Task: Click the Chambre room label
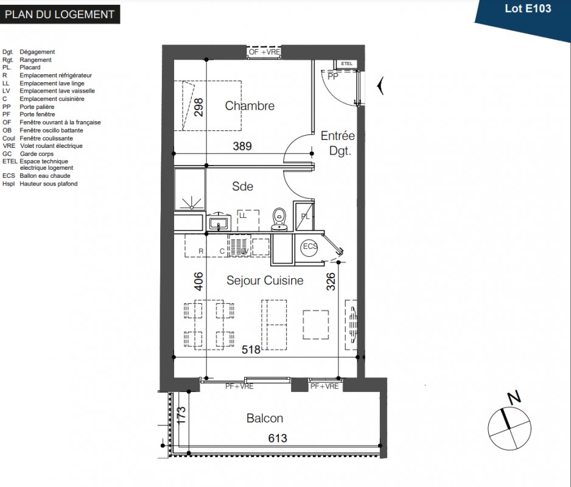click(x=250, y=106)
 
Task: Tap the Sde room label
click(x=242, y=186)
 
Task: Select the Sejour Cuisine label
click(x=265, y=281)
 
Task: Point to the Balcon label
click(x=265, y=418)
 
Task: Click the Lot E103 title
click(x=528, y=9)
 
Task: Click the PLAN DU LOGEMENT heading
click(x=60, y=15)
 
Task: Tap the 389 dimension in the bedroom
click(x=242, y=147)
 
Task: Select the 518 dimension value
click(x=251, y=350)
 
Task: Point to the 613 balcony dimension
click(x=278, y=438)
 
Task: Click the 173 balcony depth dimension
click(x=181, y=415)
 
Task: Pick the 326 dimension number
click(x=331, y=282)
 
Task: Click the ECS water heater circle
click(x=309, y=247)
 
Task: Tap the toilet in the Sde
click(x=279, y=220)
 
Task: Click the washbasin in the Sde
click(x=219, y=222)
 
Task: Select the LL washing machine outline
click(x=248, y=220)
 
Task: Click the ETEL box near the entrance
click(x=346, y=64)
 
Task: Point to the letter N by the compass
click(x=514, y=398)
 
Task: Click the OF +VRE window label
click(x=264, y=52)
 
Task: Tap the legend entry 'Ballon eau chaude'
click(x=45, y=175)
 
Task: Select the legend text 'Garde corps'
click(x=37, y=154)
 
